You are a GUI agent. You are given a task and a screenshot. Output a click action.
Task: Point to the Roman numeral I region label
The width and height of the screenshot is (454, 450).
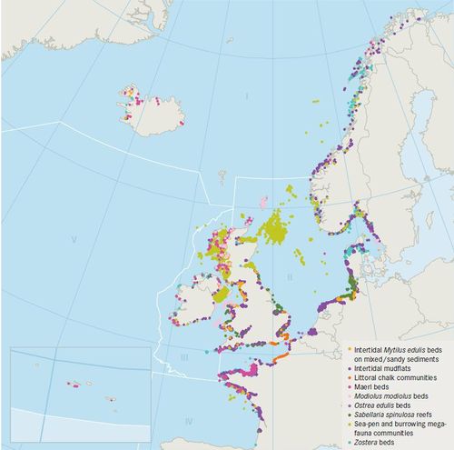coord(245,95)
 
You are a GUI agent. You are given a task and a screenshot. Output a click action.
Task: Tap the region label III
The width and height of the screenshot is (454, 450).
coord(183,357)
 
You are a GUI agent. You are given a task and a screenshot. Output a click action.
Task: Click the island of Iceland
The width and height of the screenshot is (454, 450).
coord(150,106)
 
